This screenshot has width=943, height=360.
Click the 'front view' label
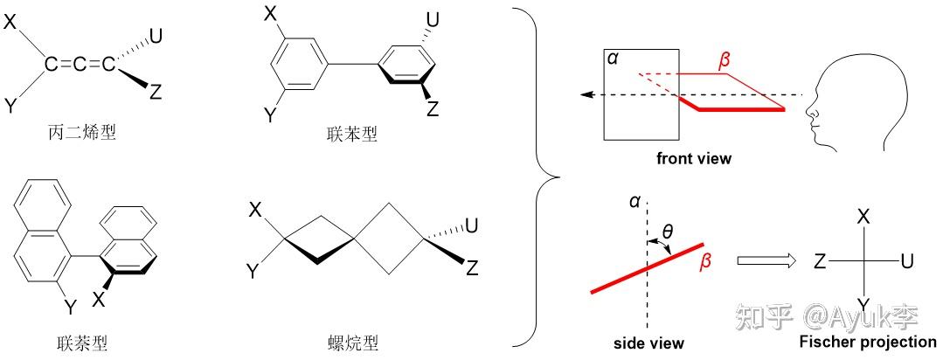(694, 158)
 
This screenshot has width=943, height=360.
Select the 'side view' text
(648, 343)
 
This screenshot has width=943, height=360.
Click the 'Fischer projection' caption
(869, 342)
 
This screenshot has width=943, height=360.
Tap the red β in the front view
(724, 62)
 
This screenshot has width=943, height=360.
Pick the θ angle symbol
(669, 232)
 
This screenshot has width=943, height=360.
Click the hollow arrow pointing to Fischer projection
(766, 260)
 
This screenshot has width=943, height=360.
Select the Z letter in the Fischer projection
(820, 261)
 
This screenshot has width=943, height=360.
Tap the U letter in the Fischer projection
(907, 261)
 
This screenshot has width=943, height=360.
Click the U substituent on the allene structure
(156, 35)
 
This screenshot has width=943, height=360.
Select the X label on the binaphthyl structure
(99, 300)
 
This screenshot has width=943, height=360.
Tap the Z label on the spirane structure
(473, 268)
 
